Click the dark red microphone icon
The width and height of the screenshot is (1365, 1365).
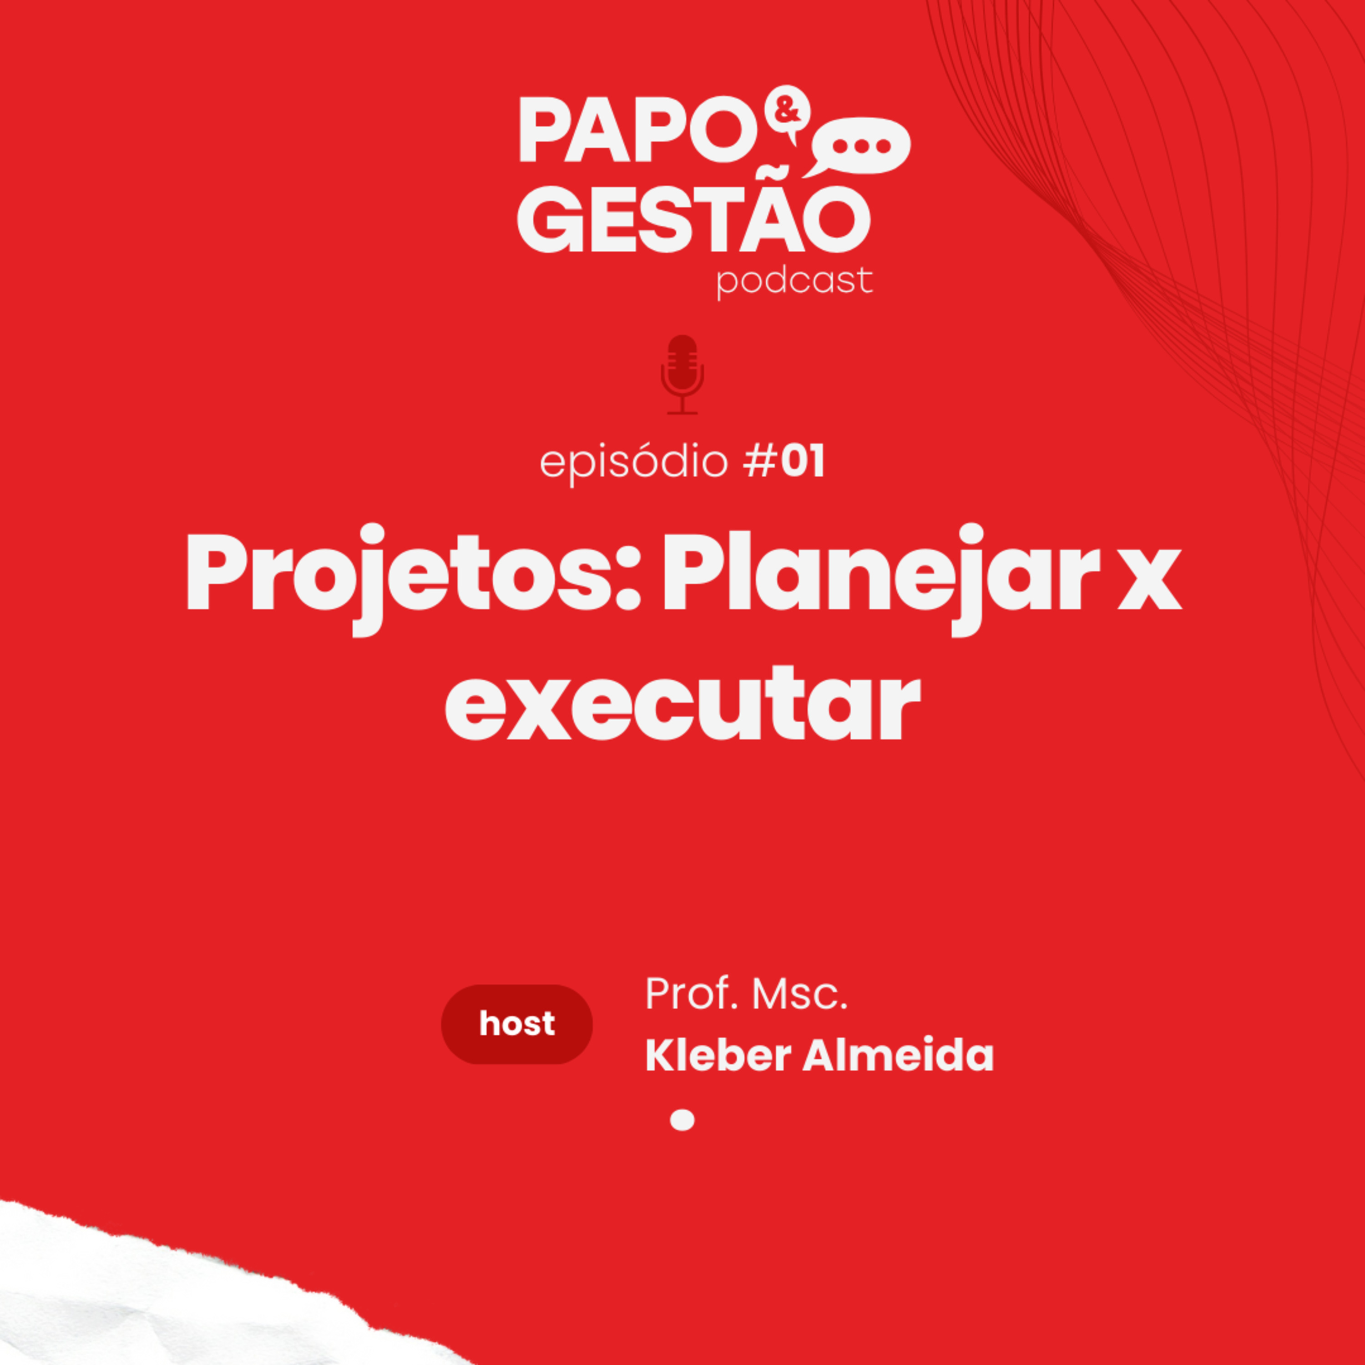(682, 374)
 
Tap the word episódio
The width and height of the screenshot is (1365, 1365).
(634, 464)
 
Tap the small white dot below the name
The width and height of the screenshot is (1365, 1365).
(682, 1120)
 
